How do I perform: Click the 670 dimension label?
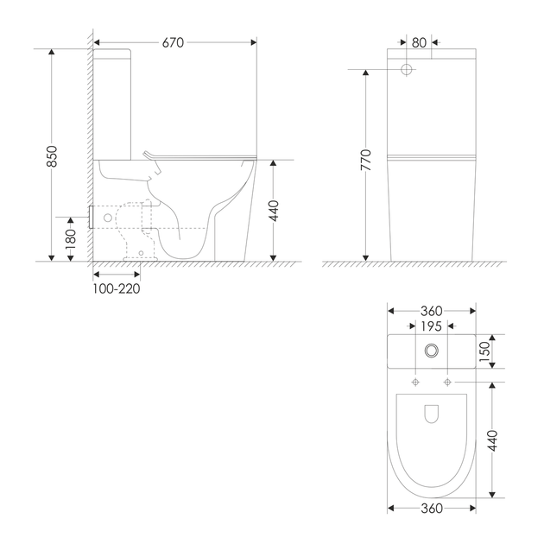(173, 42)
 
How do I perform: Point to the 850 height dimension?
(52, 156)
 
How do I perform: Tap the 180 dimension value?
(71, 239)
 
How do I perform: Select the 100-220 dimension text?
(117, 288)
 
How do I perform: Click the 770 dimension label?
(366, 160)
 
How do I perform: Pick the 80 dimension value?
(419, 42)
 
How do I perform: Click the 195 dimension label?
(431, 326)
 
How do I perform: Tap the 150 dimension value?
(484, 351)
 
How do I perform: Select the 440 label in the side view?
(274, 211)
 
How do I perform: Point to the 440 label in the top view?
(492, 440)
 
